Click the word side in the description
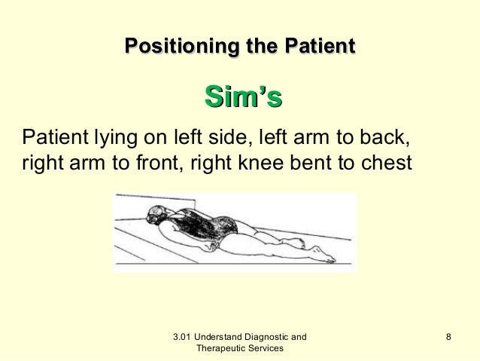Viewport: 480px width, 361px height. (x=224, y=139)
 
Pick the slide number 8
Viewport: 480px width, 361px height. (x=448, y=336)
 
